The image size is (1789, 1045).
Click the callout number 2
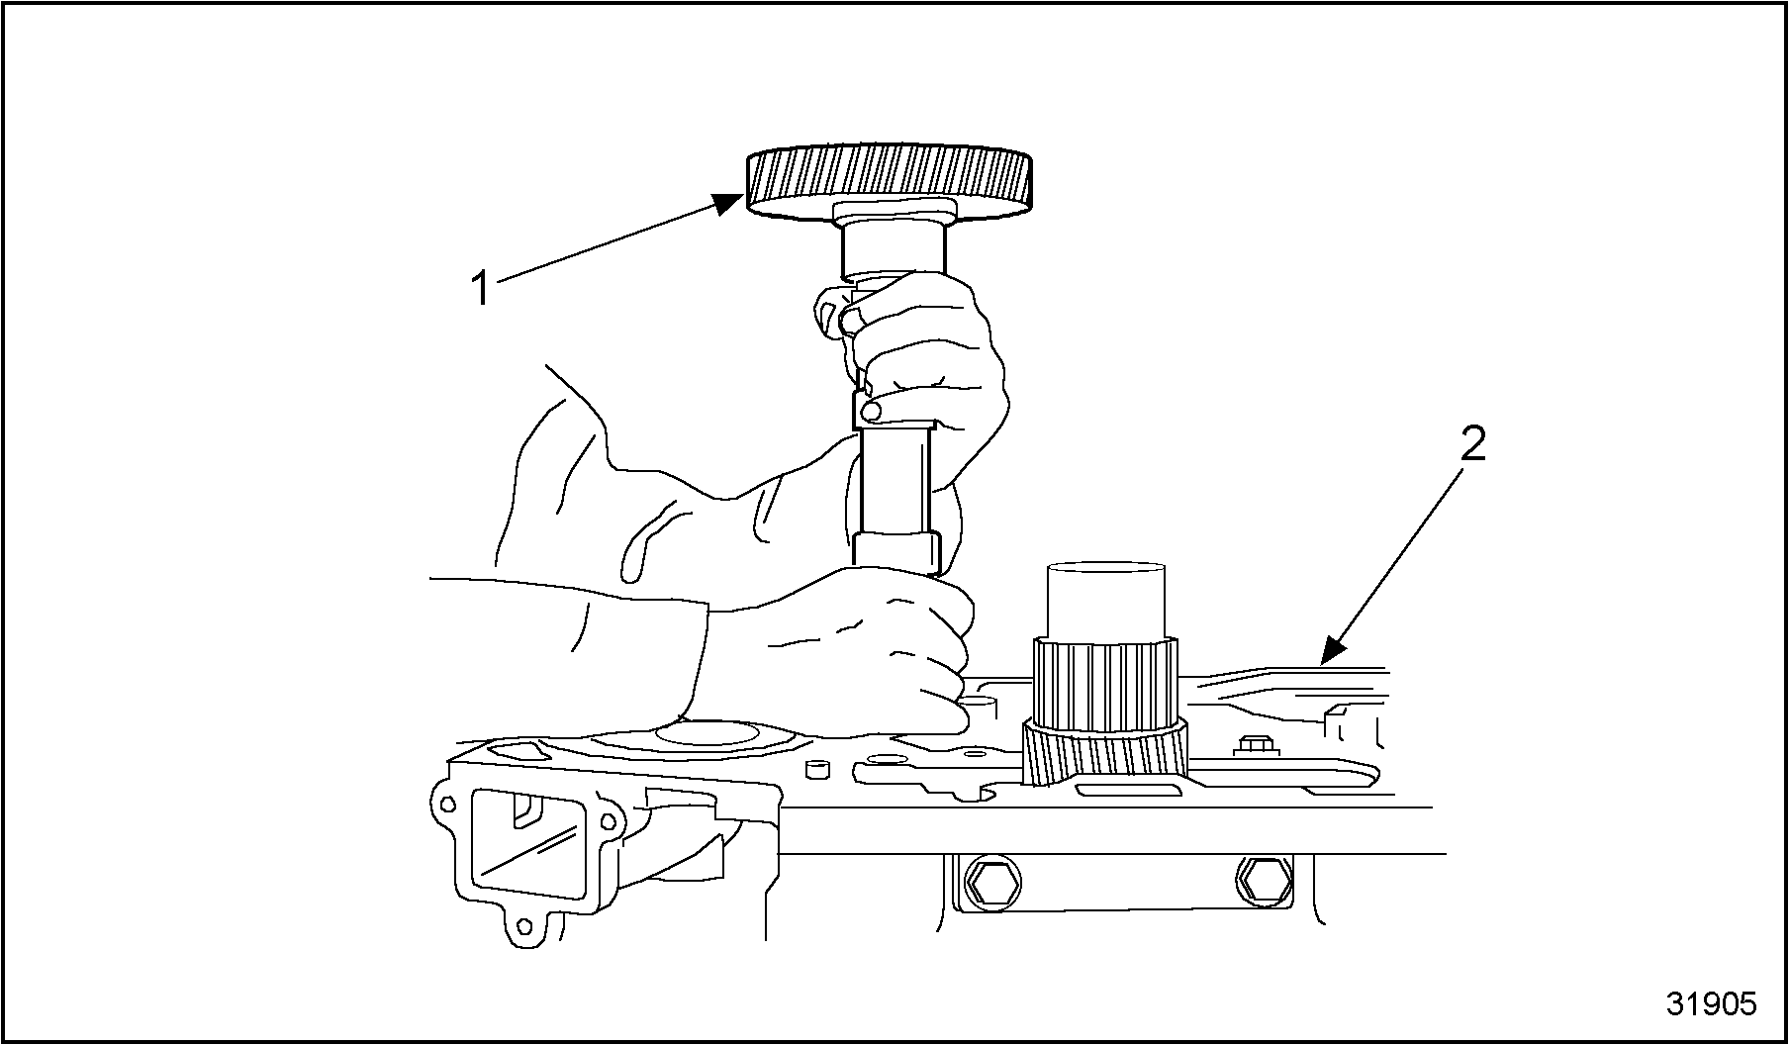1473,445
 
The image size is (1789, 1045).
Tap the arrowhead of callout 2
1335,648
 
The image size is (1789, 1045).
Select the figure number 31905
1711,1003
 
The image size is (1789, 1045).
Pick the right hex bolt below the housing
1263,879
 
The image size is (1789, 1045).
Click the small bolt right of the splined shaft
1253,745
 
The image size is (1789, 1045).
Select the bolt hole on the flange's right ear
605,820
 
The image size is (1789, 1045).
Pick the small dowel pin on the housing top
816,770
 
